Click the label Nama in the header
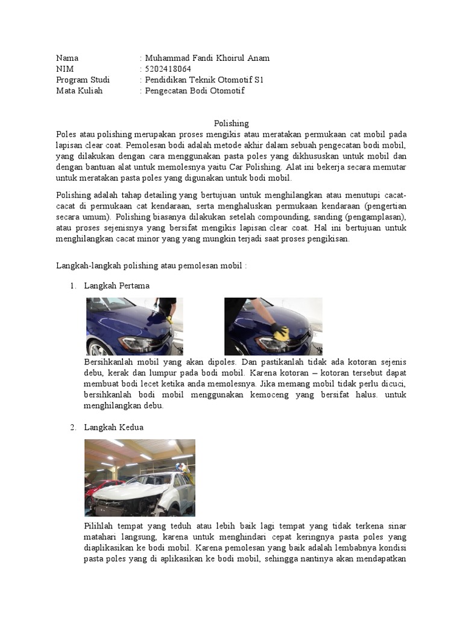(x=67, y=58)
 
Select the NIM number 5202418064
(x=167, y=69)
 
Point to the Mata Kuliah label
(x=79, y=91)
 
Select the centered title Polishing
(x=231, y=123)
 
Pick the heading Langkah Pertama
(x=117, y=286)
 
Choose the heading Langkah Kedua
(x=114, y=427)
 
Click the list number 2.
(x=72, y=427)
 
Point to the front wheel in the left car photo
(x=96, y=348)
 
